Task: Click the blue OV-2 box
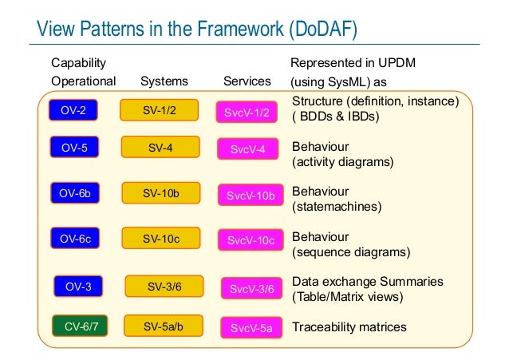coord(73,110)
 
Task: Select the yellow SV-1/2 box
coord(160,110)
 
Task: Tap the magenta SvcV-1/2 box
coord(247,113)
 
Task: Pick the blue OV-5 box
coord(73,147)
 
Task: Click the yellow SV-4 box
coord(160,147)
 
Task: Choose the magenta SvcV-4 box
coord(247,149)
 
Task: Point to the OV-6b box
coord(73,192)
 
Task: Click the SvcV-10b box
coord(251,195)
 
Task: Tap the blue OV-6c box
coord(73,238)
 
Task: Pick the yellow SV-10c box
coord(161,238)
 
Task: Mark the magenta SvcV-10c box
coord(251,240)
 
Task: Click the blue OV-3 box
coord(78,286)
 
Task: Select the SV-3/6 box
coord(164,286)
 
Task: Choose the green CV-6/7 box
coord(80,326)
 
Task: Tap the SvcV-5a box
coord(251,328)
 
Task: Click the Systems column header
coord(164,81)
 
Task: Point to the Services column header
coord(247,81)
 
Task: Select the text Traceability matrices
coord(349,326)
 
